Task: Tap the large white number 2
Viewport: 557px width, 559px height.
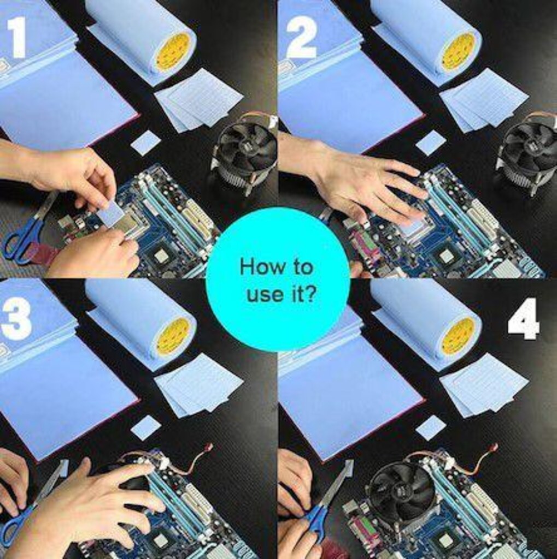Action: (x=302, y=38)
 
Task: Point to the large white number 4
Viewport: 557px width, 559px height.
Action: (x=524, y=318)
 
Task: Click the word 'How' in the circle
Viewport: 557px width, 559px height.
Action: (x=259, y=266)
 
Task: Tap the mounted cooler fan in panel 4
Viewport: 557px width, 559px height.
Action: (x=402, y=491)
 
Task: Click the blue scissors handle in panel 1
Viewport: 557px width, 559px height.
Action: (x=22, y=241)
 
